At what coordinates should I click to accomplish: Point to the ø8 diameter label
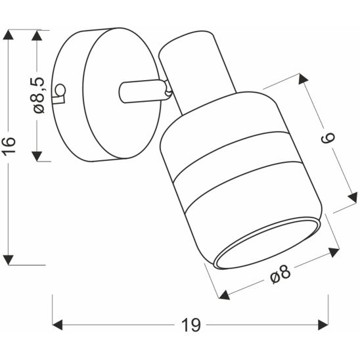(x=281, y=274)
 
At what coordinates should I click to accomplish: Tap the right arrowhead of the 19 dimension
(x=322, y=325)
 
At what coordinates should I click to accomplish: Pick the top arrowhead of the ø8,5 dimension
(x=38, y=35)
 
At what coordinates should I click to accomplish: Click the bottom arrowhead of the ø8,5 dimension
(x=38, y=155)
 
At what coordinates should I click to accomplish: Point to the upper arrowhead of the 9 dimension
(x=303, y=81)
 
